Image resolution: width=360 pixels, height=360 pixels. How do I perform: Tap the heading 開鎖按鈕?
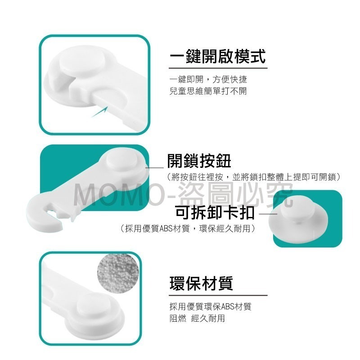coord(199,161)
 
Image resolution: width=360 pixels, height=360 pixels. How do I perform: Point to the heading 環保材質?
coord(201,283)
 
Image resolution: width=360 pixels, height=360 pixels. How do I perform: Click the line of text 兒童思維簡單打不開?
coord(208,91)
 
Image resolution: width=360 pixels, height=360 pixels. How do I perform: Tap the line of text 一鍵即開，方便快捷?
coord(208,80)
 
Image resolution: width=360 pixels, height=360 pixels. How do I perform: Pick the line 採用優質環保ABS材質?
coord(211,306)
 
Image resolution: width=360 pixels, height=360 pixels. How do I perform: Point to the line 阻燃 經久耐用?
coord(197,319)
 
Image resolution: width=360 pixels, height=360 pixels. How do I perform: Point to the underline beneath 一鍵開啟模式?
coord(218,68)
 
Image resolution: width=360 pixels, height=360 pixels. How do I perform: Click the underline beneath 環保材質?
coord(218,295)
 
